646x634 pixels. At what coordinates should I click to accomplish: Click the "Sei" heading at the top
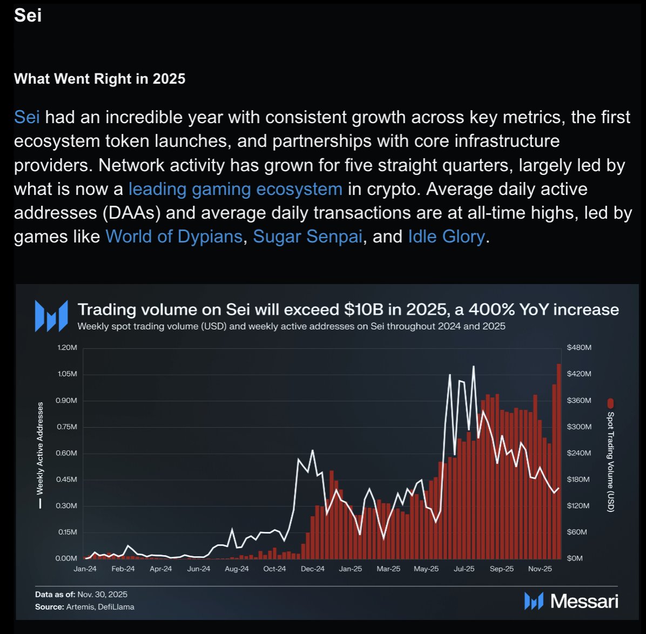[x=28, y=15]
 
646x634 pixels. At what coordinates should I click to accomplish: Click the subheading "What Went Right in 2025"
[x=99, y=79]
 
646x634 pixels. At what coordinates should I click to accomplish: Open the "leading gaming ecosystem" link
[x=235, y=189]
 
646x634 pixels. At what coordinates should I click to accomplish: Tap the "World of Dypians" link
[x=174, y=237]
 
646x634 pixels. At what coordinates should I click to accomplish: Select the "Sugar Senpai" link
[x=307, y=237]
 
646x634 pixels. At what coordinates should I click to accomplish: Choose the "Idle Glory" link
[x=446, y=237]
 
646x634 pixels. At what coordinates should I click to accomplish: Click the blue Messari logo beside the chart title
[x=51, y=315]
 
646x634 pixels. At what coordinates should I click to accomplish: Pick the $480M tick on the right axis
[x=579, y=348]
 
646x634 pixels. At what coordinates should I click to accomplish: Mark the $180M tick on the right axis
[x=579, y=480]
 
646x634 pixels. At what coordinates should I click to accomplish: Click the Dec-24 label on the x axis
[x=313, y=569]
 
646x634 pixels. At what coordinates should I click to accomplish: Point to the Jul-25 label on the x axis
[x=464, y=569]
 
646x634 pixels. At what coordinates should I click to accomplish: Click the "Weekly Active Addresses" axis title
[x=39, y=448]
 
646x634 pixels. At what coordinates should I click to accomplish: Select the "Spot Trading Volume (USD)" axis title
[x=610, y=462]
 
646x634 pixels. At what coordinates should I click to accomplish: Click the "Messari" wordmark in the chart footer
[x=584, y=601]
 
